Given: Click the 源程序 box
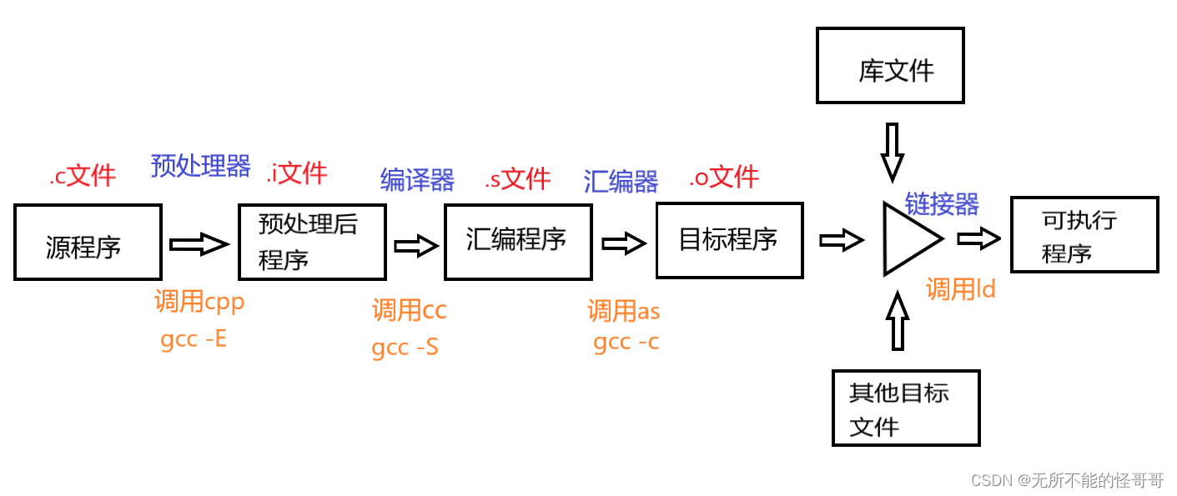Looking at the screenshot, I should pos(88,242).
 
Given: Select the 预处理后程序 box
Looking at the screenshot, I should pos(311,242).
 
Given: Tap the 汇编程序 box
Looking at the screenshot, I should pos(518,241).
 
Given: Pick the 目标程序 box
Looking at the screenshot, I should pos(729,240).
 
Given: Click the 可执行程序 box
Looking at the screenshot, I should pos(1084,234).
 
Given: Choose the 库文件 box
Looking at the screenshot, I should pos(890,66).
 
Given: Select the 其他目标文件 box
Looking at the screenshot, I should pos(905,408).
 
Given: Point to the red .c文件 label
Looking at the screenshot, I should pos(83,176).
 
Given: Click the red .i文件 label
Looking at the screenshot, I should pos(297,173).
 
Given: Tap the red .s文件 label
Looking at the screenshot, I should pos(517,178).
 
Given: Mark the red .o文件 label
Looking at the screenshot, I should pos(723,177).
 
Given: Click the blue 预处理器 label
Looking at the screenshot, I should pos(200,166).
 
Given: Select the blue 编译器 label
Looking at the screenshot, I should pos(417,180).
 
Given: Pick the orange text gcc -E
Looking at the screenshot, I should pos(194,339).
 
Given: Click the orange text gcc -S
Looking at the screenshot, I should pos(405,347).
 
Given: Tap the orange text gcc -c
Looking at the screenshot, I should pos(626,342).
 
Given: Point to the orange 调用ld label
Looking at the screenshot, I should pos(960,289).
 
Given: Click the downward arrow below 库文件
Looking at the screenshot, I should pos(892,152).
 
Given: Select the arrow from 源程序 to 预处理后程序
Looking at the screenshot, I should pos(199,244).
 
